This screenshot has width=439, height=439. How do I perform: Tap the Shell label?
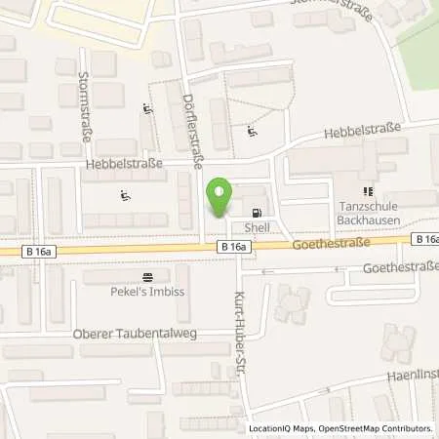coord(257,226)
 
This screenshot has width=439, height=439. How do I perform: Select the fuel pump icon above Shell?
coord(257,213)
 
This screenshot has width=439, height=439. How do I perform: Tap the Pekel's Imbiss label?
coord(147,291)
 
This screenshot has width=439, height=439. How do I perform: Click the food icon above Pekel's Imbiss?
coord(147,277)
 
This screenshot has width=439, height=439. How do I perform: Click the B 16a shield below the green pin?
coord(233,249)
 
